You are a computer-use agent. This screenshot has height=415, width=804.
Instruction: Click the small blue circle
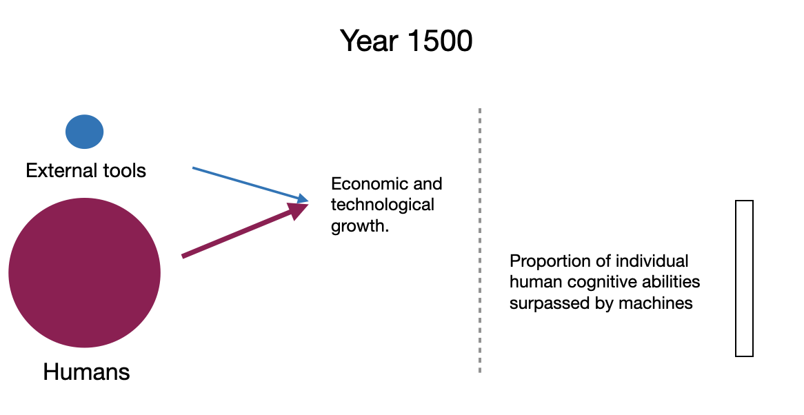85,132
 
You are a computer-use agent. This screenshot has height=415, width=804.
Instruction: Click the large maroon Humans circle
85,272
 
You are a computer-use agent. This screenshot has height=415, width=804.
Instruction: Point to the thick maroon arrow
245,230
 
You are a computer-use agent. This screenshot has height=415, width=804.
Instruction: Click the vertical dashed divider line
480,241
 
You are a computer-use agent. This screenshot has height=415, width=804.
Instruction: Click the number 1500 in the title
440,41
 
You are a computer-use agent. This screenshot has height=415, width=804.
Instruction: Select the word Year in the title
369,41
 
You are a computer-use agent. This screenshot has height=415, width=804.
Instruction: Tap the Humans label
86,372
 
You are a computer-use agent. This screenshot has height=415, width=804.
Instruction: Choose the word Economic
363,183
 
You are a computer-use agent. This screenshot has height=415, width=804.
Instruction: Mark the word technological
383,205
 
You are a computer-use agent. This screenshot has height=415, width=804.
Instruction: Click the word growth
360,225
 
